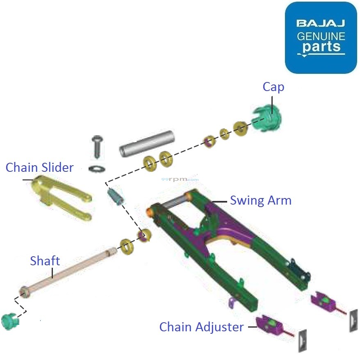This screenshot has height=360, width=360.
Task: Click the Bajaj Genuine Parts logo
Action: coord(321,38)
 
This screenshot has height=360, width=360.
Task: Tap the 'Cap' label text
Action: coord(273,87)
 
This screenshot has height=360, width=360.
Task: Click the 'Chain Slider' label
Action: coord(40,167)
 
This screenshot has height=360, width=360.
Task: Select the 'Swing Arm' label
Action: coord(260,201)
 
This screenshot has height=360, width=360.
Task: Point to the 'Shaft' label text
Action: coord(45,261)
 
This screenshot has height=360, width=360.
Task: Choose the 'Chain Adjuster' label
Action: coord(201,327)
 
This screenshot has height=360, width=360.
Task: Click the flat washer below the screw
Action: coord(97,168)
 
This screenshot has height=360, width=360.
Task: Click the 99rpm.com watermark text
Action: coord(180,179)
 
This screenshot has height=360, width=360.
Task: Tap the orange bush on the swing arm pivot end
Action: coord(150,212)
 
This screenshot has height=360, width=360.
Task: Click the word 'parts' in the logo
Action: coord(321,46)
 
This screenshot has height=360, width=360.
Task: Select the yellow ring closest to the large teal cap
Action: coord(240,128)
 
